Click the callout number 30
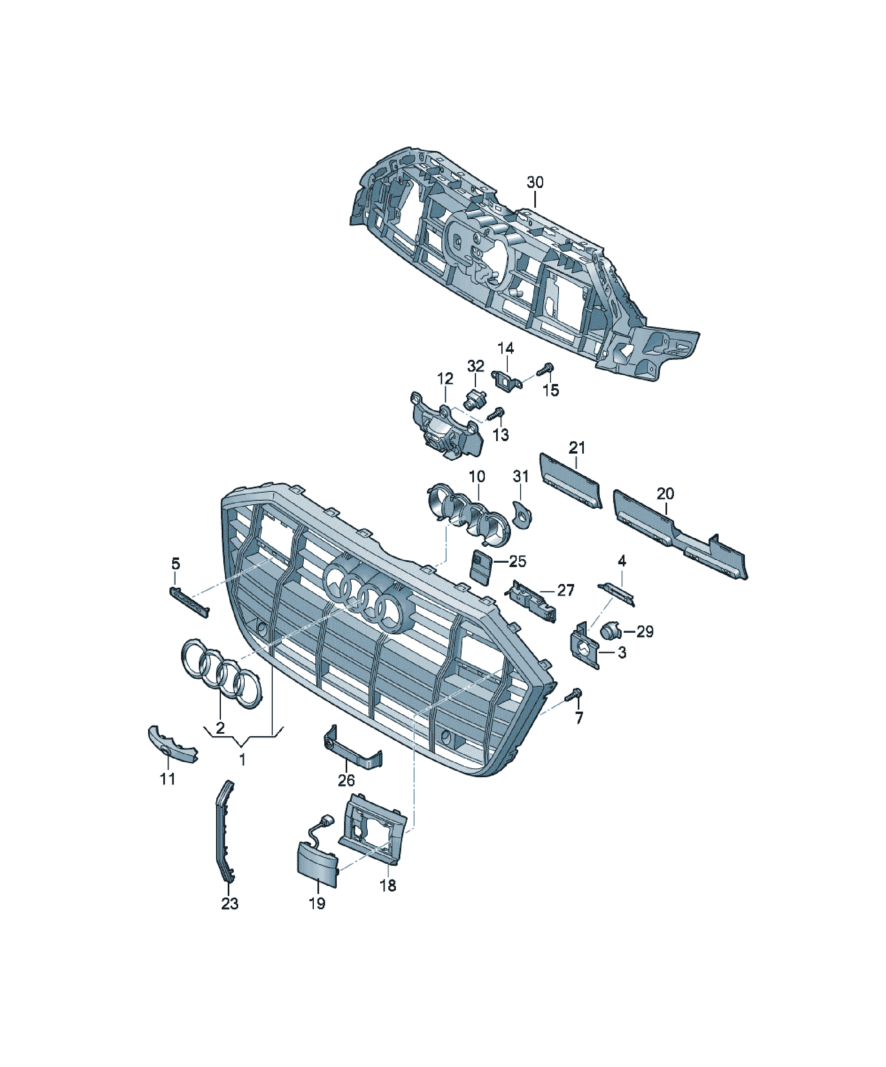[535, 182]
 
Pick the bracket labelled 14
[507, 382]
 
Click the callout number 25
[518, 561]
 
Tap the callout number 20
[666, 493]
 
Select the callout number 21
[577, 448]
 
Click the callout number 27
[565, 590]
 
